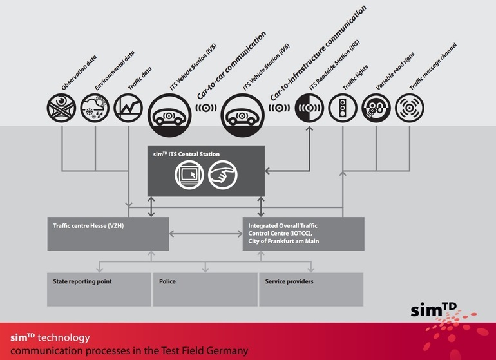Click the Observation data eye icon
[x=62, y=108]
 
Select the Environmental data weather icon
[x=95, y=108]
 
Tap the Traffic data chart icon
[x=128, y=108]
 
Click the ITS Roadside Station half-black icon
[x=310, y=108]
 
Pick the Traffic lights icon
[x=343, y=108]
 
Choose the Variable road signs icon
[x=376, y=108]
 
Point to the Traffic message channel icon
[x=410, y=108]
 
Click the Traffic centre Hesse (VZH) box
[x=108, y=233]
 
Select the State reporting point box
[x=99, y=289]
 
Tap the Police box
[x=205, y=289]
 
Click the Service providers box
[x=311, y=289]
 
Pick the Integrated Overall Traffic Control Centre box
[x=303, y=233]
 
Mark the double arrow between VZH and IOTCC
[x=205, y=234]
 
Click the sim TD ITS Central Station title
[x=186, y=155]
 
